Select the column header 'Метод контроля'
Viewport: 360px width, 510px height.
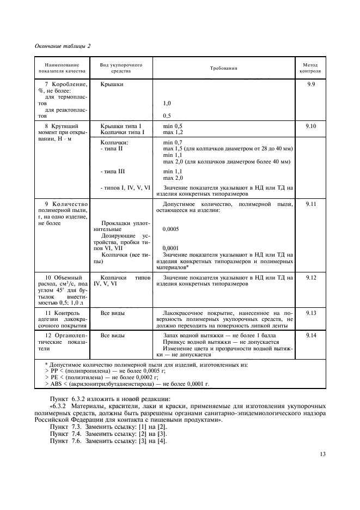[x=312, y=68]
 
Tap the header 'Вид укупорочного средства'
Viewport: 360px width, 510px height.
[x=121, y=68]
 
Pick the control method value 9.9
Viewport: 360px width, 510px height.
[x=312, y=85]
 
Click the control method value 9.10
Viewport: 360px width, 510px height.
[x=312, y=126]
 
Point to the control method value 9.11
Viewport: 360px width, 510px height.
[x=312, y=203]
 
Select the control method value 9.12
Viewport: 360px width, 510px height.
[x=312, y=278]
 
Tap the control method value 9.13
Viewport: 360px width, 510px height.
[x=312, y=313]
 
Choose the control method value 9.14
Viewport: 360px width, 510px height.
[x=312, y=335]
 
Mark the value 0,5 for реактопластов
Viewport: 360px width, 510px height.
[x=167, y=116]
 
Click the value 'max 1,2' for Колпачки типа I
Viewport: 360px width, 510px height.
[x=173, y=132]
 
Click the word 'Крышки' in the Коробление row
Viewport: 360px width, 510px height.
[x=112, y=85]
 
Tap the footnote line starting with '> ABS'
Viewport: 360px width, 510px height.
[x=127, y=384]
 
